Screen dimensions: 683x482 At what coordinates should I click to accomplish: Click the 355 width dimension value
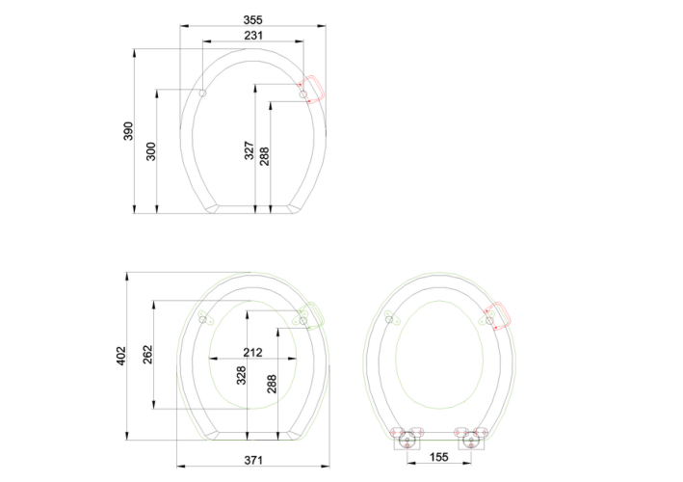[x=252, y=20]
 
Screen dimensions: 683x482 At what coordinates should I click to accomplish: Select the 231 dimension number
[x=253, y=36]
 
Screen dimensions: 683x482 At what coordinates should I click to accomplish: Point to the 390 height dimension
[x=128, y=131]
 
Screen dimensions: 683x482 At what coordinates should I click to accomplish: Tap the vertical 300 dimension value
[x=150, y=151]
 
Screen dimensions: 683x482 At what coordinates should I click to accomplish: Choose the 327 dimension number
[x=249, y=150]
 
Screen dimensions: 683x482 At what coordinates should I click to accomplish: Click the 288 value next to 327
[x=264, y=156]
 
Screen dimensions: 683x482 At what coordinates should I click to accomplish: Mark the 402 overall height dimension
[x=120, y=356]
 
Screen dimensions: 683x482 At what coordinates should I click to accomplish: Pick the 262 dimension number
[x=148, y=355]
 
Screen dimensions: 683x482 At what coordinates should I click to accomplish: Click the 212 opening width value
[x=252, y=352]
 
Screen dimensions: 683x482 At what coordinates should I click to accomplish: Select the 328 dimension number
[x=241, y=375]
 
